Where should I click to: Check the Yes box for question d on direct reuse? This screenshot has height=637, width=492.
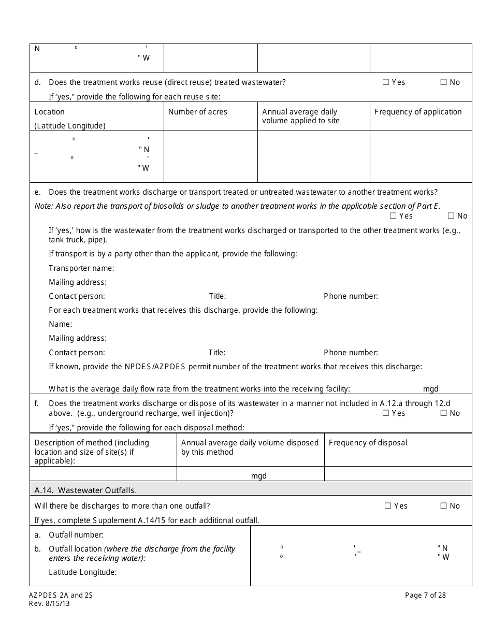click(x=385, y=82)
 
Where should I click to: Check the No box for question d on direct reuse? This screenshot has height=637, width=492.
click(x=443, y=82)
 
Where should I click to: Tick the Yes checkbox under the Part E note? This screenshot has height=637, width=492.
click(x=393, y=215)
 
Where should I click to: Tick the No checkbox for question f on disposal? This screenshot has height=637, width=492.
click(x=443, y=413)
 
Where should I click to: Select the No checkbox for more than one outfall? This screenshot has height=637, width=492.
click(x=443, y=505)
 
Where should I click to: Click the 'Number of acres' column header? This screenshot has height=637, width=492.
click(x=198, y=112)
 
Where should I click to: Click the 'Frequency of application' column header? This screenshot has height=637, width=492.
click(x=418, y=112)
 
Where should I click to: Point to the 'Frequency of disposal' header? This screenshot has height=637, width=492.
click(x=368, y=443)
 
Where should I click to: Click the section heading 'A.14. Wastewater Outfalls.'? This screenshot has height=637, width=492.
click(x=85, y=490)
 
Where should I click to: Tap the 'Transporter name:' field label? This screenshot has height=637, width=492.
click(x=81, y=268)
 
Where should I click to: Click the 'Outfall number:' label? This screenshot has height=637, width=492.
click(x=76, y=535)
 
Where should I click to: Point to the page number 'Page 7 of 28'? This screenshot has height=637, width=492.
click(x=425, y=595)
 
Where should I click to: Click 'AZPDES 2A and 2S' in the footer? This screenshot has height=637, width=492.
click(x=61, y=595)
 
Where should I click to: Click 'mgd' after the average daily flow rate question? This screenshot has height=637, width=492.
click(x=430, y=389)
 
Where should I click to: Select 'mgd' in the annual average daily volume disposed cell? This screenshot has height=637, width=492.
click(x=258, y=476)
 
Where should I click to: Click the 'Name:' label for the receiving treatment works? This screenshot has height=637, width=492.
click(x=61, y=324)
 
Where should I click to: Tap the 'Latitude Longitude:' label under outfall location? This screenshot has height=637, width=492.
click(x=83, y=572)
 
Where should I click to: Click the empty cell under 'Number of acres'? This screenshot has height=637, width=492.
click(x=210, y=156)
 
